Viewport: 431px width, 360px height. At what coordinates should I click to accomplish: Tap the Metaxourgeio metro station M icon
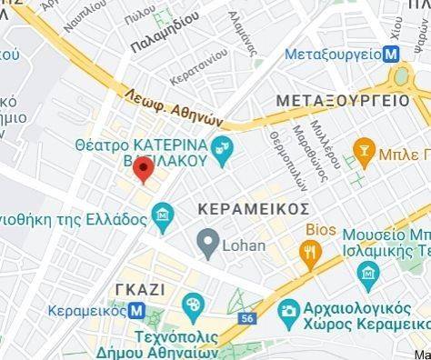(x=390, y=54)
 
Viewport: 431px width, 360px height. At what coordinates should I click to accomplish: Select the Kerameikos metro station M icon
(x=137, y=310)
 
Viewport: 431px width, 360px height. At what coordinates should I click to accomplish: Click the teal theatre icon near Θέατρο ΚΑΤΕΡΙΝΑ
(x=222, y=145)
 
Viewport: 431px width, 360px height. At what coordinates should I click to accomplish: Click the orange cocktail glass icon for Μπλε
(x=365, y=148)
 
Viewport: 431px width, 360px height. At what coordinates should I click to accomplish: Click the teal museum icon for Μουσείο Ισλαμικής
(x=369, y=273)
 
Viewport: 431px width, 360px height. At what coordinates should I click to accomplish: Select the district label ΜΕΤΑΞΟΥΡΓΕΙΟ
(x=343, y=99)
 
